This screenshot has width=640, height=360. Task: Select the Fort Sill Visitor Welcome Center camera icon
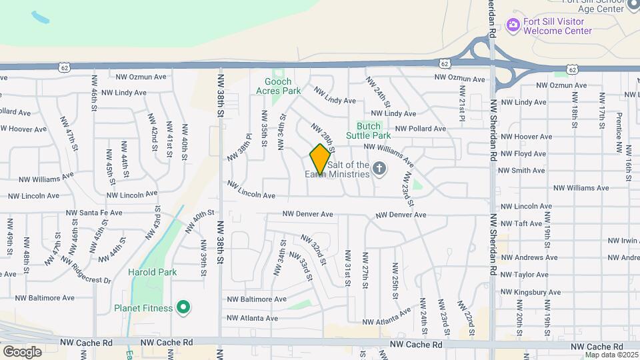tap(513, 25)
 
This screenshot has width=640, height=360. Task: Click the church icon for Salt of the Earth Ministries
tap(379, 169)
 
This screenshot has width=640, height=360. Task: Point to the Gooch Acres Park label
tap(279, 86)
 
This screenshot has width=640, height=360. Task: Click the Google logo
tap(22, 351)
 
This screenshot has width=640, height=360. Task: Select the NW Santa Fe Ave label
tap(94, 213)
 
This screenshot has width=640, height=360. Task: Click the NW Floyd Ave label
tap(523, 154)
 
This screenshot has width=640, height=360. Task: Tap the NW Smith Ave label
tap(523, 171)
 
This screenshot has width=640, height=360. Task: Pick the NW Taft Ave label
tap(521, 224)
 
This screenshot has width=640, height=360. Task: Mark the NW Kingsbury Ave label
tap(531, 292)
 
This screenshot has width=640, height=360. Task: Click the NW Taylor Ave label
tap(525, 275)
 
